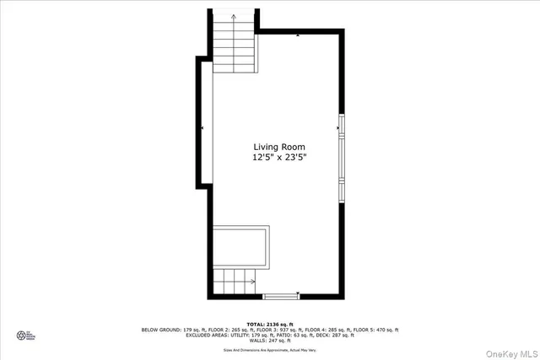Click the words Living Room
coord(278,147)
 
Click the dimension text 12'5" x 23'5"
coord(278,158)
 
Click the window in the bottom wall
coord(281,296)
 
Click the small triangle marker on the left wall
coord(202,128)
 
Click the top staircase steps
coord(234,46)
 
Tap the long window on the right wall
coord(341,158)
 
